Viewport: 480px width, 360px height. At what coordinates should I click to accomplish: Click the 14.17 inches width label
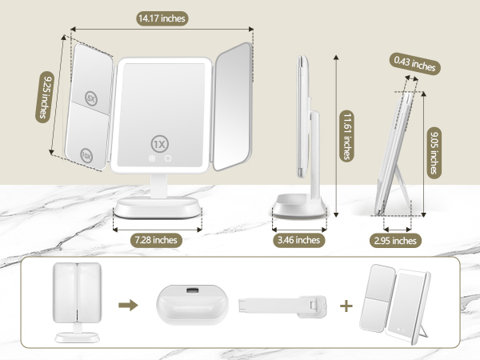coord(162,18)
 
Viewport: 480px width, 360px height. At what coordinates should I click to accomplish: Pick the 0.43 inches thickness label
coord(414,64)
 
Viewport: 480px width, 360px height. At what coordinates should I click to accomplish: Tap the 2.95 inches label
coord(394,240)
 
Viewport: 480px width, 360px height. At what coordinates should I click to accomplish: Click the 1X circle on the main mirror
coord(159,142)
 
